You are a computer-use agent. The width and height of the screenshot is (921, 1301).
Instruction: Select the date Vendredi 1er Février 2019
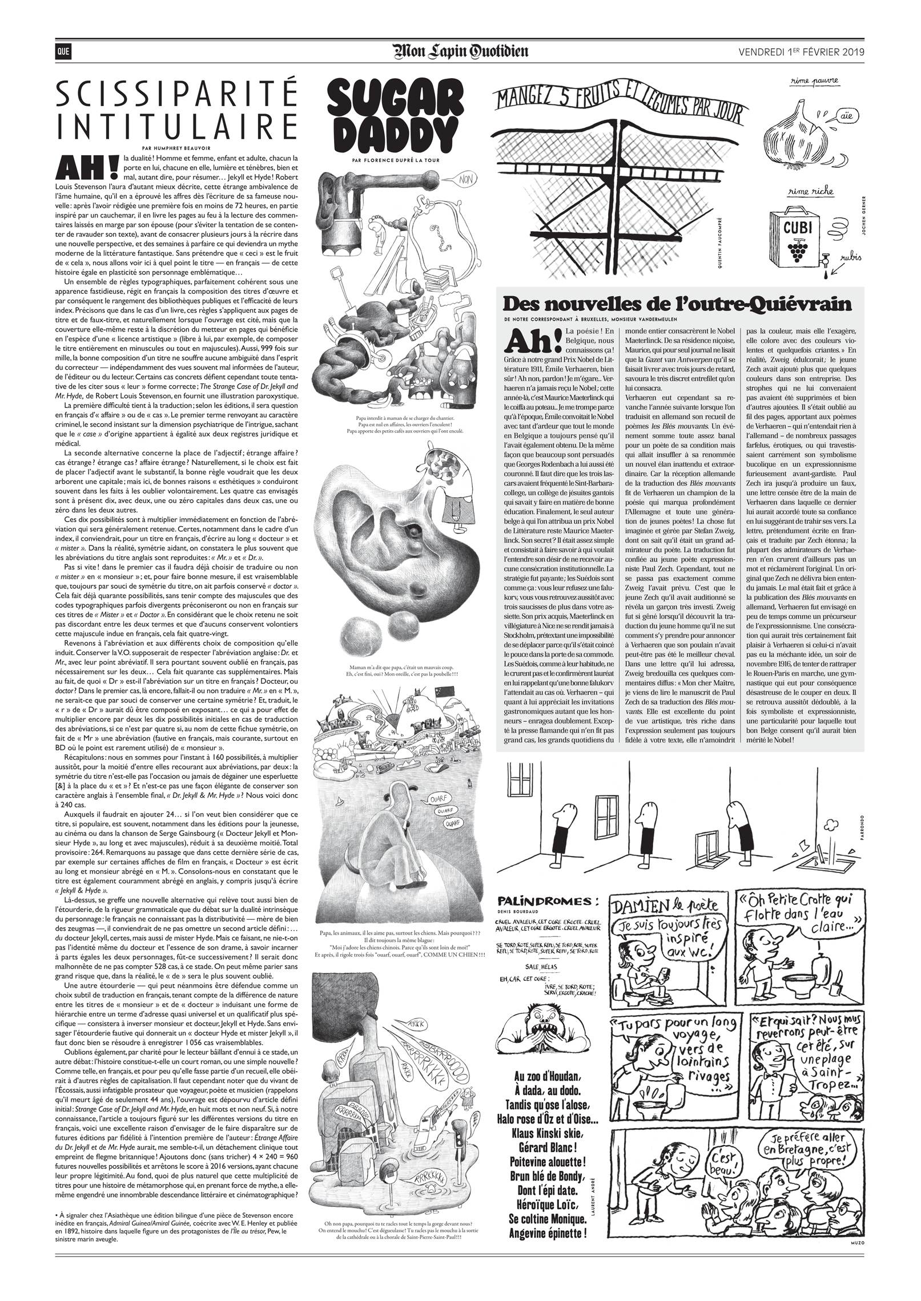(x=801, y=52)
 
